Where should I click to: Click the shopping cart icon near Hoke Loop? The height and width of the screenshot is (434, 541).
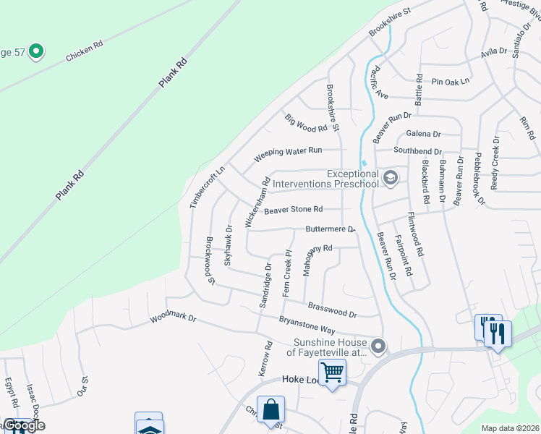point(332,373)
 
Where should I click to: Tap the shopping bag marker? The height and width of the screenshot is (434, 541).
point(270,409)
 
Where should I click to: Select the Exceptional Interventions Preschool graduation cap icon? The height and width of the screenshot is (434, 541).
point(391,178)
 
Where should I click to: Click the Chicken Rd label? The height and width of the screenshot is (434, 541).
point(85,50)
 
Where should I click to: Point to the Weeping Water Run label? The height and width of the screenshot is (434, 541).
point(288,154)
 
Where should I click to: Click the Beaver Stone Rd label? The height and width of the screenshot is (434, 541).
point(293,210)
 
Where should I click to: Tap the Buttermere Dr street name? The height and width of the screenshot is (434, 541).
point(330,229)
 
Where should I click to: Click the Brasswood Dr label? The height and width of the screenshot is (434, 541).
point(333,310)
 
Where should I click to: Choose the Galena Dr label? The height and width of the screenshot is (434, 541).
point(423,134)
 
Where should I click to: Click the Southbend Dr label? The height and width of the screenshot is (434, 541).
point(417,150)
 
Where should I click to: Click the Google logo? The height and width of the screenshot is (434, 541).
point(24,425)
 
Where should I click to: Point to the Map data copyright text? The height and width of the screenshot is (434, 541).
point(510,428)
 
